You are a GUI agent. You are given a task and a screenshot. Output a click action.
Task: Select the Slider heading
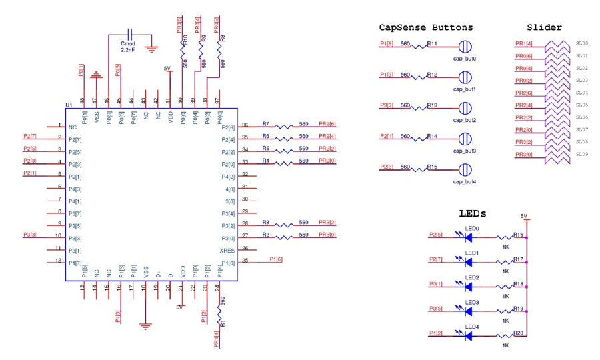(544, 28)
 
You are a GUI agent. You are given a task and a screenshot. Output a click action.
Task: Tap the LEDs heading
(472, 214)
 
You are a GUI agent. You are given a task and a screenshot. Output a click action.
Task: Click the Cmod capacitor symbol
(130, 34)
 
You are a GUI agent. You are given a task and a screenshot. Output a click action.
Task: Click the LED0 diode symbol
(468, 237)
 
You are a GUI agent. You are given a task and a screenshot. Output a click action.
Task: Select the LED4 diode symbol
(468, 335)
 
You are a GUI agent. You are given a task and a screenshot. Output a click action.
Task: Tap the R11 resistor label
(432, 44)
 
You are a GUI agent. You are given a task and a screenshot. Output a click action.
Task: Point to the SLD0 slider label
(581, 43)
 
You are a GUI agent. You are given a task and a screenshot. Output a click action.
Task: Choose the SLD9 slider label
(581, 154)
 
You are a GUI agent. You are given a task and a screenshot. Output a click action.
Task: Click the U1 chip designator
(69, 105)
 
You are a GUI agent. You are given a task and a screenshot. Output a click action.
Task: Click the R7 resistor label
(265, 124)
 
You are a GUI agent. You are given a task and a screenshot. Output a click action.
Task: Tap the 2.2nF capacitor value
(128, 50)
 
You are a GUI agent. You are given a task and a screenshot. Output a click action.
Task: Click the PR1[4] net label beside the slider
(524, 43)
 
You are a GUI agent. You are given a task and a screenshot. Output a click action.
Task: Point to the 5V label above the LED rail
(524, 216)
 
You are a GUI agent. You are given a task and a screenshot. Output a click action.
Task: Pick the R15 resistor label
(432, 166)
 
